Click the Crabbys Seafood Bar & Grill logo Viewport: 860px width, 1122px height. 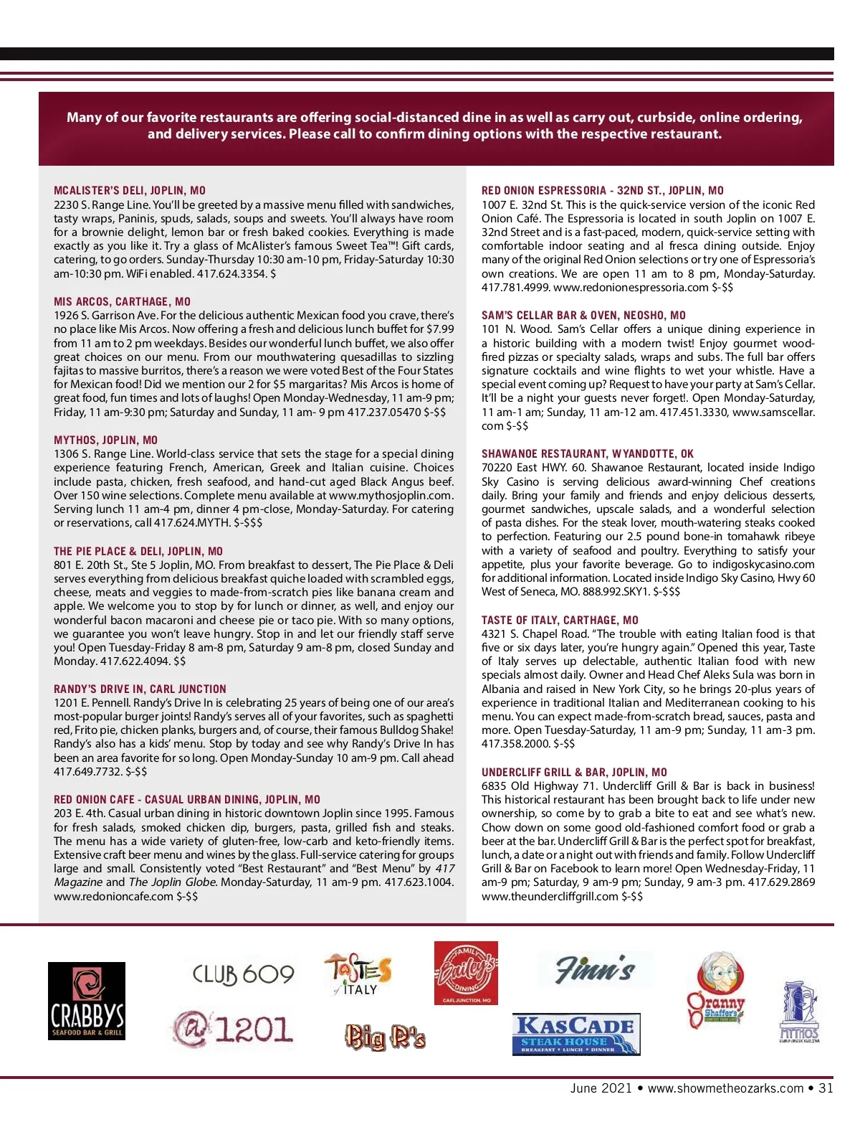[87, 1001]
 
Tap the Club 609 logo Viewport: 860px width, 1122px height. [243, 974]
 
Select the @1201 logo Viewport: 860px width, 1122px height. [234, 1029]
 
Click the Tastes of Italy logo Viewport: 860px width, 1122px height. [358, 974]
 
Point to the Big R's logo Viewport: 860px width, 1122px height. [386, 1037]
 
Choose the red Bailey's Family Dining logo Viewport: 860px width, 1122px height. [466, 973]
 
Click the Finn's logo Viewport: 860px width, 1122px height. [595, 969]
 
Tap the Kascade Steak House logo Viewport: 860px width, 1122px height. [576, 1034]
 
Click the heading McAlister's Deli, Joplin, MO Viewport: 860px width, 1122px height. [130, 191]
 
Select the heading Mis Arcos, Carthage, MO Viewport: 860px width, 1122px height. [122, 302]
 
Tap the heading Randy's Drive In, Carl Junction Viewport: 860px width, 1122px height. [140, 689]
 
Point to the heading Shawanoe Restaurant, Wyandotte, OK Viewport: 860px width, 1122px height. [588, 454]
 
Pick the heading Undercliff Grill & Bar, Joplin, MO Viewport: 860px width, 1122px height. [574, 773]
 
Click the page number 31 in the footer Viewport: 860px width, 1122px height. [826, 1088]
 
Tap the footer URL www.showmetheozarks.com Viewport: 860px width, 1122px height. [725, 1088]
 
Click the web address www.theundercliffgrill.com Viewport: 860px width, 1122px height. [550, 896]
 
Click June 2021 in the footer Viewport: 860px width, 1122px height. [601, 1088]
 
